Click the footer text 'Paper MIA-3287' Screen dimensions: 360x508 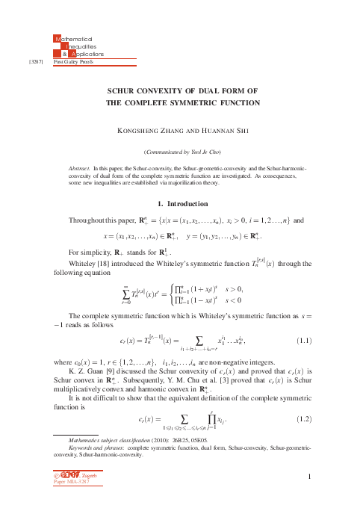[69, 483]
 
